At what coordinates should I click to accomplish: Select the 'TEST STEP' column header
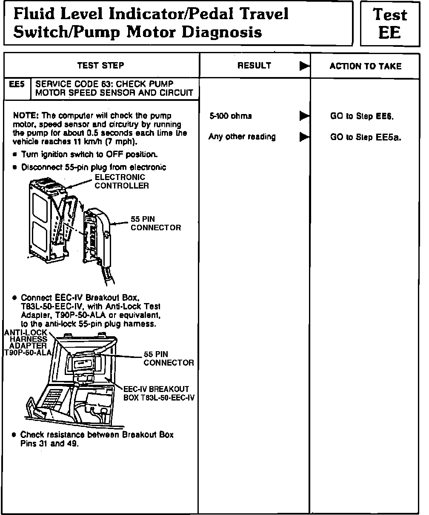point(101,66)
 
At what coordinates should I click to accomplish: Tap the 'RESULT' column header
point(254,66)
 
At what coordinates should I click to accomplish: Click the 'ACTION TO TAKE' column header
point(365,66)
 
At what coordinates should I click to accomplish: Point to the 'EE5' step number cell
point(17,84)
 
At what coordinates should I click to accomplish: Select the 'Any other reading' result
point(242,137)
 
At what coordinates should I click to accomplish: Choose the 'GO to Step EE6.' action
point(365,116)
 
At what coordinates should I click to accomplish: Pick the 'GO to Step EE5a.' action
point(366,137)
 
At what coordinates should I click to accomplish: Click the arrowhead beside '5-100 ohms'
point(304,116)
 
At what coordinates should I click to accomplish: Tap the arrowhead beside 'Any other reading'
point(304,137)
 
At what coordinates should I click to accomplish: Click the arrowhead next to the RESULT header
point(304,66)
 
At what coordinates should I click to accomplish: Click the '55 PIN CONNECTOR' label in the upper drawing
point(155,223)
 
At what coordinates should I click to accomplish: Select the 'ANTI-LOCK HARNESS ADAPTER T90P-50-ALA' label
point(26,343)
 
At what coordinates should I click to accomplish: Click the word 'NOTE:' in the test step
point(26,116)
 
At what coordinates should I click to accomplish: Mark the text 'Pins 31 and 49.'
point(50,443)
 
